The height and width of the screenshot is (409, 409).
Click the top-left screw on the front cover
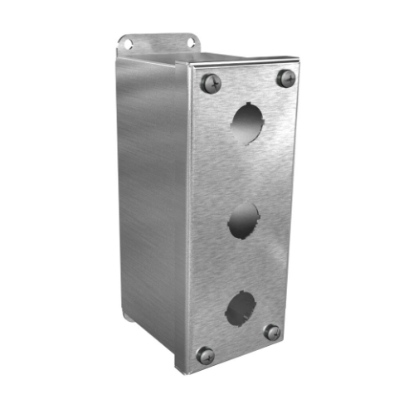pyautogui.click(x=209, y=82)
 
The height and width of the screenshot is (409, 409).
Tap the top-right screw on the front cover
pyautogui.click(x=285, y=79)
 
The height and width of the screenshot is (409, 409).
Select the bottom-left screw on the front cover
pyautogui.click(x=205, y=356)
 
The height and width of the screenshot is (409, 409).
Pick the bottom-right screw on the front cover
pyautogui.click(x=271, y=333)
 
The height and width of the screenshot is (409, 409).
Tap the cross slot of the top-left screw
pyautogui.click(x=209, y=82)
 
